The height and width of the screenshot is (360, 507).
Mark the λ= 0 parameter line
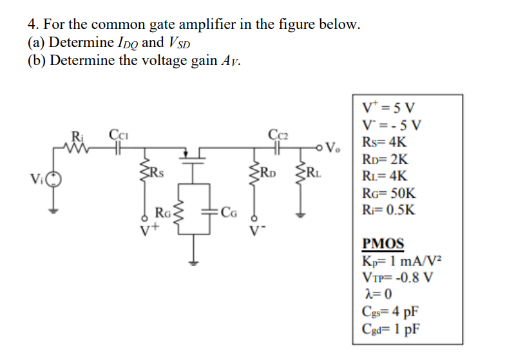click(378, 295)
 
